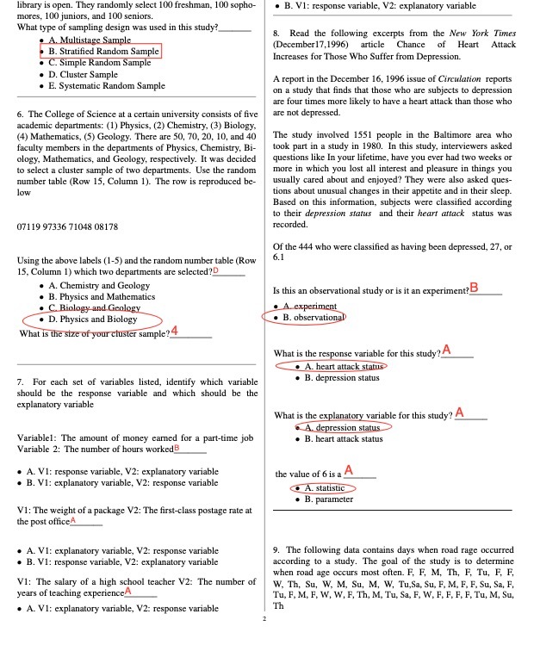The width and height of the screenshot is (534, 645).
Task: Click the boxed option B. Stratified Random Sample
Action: pyautogui.click(x=103, y=51)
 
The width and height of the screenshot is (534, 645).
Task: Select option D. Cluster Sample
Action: pyautogui.click(x=83, y=74)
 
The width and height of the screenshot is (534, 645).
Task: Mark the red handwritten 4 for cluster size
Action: pyautogui.click(x=175, y=332)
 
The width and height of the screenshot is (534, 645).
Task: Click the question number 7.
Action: pyautogui.click(x=20, y=381)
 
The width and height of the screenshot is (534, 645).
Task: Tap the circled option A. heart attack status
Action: pyautogui.click(x=331, y=366)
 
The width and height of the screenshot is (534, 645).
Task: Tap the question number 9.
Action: pyautogui.click(x=275, y=549)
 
